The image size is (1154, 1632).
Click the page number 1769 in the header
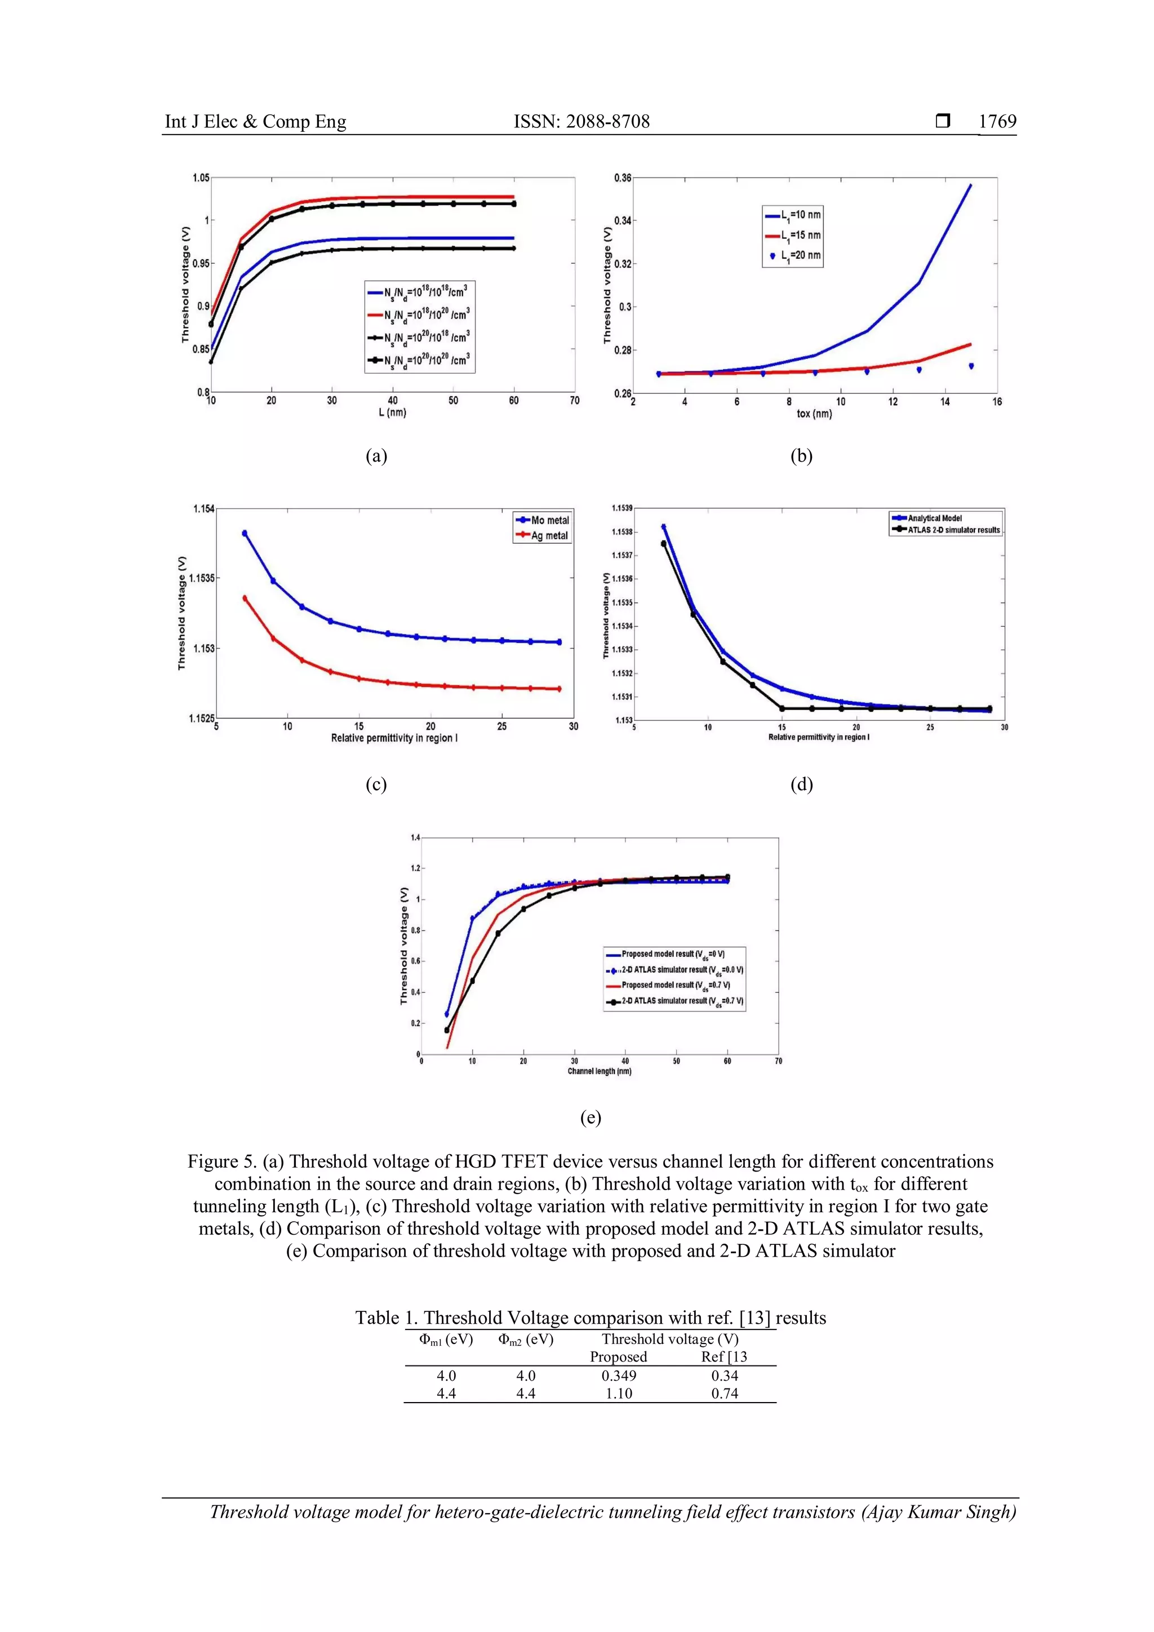(x=997, y=122)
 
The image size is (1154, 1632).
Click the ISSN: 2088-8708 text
(x=582, y=122)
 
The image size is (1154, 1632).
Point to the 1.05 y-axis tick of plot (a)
(x=201, y=178)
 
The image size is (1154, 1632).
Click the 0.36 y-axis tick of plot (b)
(x=623, y=178)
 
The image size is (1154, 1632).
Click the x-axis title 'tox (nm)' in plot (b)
(x=814, y=414)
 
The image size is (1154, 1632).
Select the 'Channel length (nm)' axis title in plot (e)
(x=599, y=1071)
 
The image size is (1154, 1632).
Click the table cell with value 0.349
(x=618, y=1376)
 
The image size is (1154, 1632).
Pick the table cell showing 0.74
(x=724, y=1393)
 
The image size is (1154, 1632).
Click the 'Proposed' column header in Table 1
(x=618, y=1356)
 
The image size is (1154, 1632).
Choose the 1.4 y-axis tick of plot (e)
(x=415, y=837)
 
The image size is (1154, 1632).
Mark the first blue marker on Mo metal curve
(x=245, y=533)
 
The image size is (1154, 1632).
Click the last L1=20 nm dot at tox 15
(x=971, y=366)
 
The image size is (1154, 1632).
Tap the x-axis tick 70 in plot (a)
(x=574, y=401)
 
